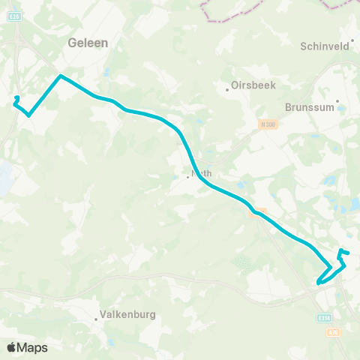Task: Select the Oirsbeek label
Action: coord(250,86)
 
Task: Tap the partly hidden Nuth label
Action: coord(202,173)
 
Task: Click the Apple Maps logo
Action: coord(28,347)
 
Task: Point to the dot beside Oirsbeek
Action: coord(228,90)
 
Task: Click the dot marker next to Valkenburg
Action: coord(96,319)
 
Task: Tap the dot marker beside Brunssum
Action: coord(337,100)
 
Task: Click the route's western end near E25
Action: coord(17,97)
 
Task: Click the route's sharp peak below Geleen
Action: coord(61,76)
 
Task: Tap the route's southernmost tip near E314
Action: coord(318,283)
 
